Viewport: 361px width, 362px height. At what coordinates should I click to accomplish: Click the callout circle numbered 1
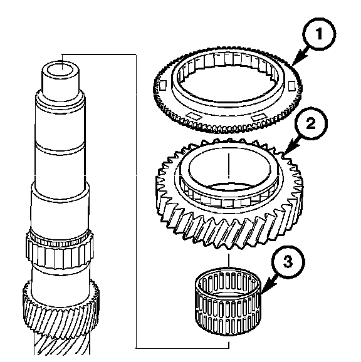[x=319, y=34]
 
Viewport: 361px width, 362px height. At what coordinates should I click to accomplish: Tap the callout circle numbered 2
[x=311, y=123]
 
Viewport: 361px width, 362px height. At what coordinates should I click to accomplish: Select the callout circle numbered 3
[x=288, y=262]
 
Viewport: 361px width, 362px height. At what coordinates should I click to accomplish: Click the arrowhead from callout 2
[x=291, y=147]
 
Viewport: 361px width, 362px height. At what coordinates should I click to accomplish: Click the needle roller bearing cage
[x=228, y=301]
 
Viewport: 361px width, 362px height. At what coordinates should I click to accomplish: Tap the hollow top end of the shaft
[x=60, y=70]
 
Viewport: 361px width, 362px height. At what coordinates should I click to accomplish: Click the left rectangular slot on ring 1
[x=162, y=85]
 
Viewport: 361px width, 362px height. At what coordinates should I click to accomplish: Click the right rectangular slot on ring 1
[x=291, y=85]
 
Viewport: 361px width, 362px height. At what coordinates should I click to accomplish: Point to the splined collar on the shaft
[x=60, y=251]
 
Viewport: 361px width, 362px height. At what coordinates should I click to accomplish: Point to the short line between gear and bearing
[x=229, y=261]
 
